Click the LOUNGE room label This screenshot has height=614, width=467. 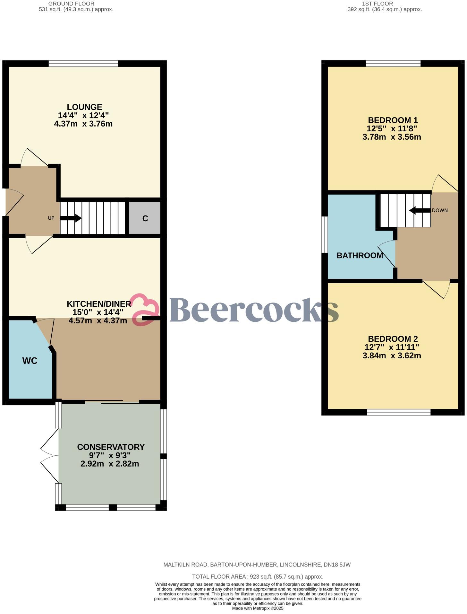pyautogui.click(x=84, y=107)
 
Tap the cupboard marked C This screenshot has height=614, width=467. pyautogui.click(x=145, y=218)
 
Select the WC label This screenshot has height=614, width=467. pyautogui.click(x=30, y=361)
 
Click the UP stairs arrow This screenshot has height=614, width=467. pyautogui.click(x=71, y=218)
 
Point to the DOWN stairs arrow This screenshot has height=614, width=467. pyautogui.click(x=420, y=211)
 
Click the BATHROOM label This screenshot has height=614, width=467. pyautogui.click(x=360, y=256)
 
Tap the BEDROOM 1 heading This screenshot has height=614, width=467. pyautogui.click(x=393, y=120)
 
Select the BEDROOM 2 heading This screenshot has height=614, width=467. pyautogui.click(x=393, y=339)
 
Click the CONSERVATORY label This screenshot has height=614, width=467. pyautogui.click(x=111, y=447)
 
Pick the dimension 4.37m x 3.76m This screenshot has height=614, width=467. pyautogui.click(x=83, y=124)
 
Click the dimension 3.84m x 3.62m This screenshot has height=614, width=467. pyautogui.click(x=392, y=356)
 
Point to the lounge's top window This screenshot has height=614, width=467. pyautogui.click(x=83, y=64)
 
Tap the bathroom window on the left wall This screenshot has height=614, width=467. pyautogui.click(x=325, y=234)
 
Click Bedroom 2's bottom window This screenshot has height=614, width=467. pyautogui.click(x=399, y=412)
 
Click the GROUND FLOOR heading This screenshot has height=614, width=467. pyautogui.click(x=71, y=4)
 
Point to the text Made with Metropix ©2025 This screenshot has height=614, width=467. pyautogui.click(x=258, y=608)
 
